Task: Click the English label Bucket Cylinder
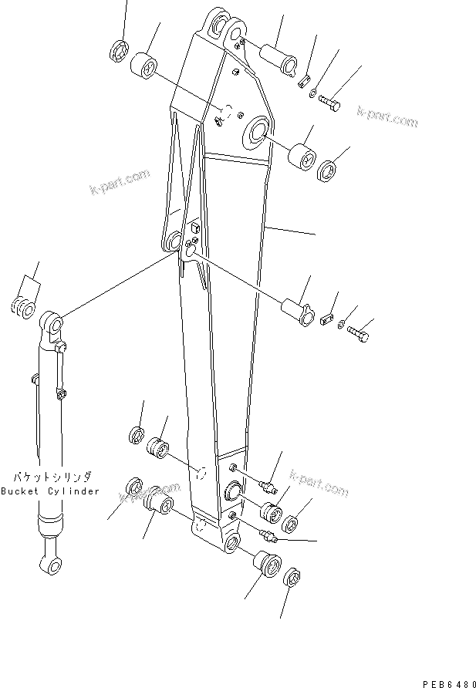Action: click(50, 491)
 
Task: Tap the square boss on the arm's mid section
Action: click(194, 228)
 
